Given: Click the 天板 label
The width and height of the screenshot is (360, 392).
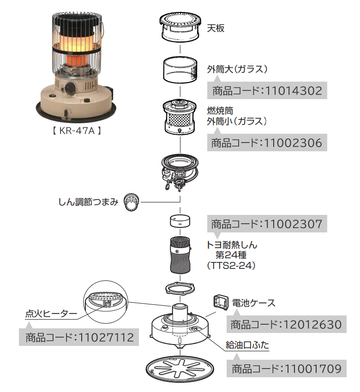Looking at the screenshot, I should [216, 28].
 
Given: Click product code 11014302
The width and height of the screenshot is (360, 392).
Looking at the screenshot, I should [267, 90].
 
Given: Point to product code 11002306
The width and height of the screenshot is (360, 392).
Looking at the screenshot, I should [267, 143].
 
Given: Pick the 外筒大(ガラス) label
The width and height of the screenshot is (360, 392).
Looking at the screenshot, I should [238, 70].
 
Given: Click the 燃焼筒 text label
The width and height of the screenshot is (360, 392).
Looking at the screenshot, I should [221, 111].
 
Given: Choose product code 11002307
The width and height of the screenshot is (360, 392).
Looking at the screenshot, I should [267, 225].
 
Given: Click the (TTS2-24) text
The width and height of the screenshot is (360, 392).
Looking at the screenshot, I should [229, 266].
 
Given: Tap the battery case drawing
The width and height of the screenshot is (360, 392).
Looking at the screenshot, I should [221, 303].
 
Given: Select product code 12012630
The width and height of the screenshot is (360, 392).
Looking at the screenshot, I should [286, 324].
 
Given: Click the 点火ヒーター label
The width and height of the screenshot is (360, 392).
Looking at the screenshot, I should [51, 314].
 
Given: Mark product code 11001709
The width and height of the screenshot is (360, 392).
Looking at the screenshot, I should [286, 368].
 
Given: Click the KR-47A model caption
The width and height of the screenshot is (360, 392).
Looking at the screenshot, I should [75, 131].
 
